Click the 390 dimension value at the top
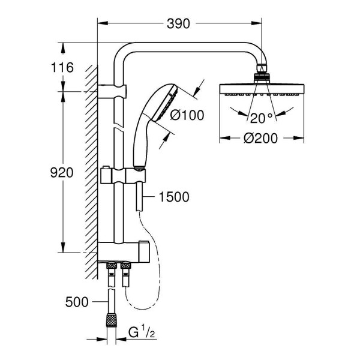(x=178, y=23)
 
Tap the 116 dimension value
(x=62, y=67)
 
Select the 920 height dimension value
(x=62, y=172)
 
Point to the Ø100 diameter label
(x=187, y=115)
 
